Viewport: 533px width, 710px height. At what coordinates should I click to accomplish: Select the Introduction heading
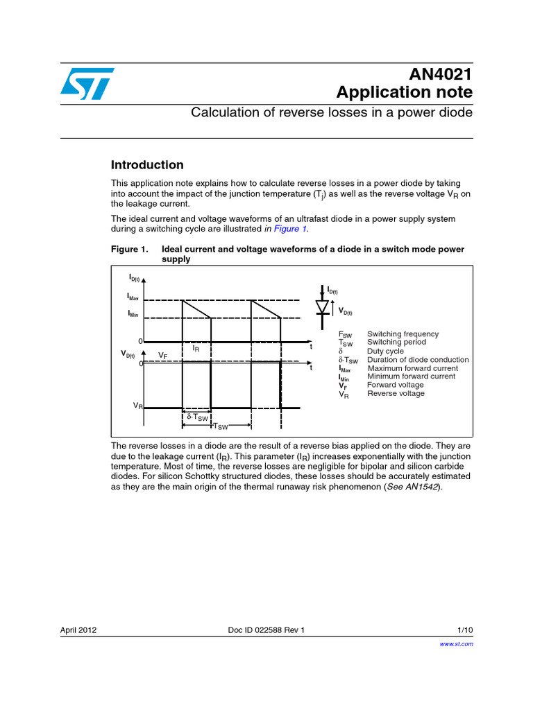[147, 165]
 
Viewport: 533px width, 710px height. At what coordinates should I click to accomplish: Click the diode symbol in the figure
[322, 305]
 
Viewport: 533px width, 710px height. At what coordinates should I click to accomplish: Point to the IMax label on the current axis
[133, 297]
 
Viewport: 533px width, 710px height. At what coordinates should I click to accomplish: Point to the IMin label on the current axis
[133, 314]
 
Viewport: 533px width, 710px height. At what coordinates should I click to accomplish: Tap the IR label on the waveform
[196, 349]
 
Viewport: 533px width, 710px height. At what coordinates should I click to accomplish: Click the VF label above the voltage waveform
[162, 355]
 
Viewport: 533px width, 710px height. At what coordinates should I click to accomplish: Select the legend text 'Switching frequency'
[403, 334]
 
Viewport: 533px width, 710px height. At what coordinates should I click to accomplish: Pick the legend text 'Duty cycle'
[385, 352]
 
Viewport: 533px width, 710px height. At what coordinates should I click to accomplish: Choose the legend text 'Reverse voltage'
[395, 394]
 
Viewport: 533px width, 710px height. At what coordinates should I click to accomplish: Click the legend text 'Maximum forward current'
[412, 368]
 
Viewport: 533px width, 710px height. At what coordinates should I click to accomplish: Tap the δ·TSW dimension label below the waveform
[197, 417]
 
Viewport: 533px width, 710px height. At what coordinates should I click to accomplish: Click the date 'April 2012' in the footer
[78, 630]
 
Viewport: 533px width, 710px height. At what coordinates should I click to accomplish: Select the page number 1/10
[465, 630]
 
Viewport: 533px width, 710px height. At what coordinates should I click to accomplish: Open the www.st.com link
[457, 644]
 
